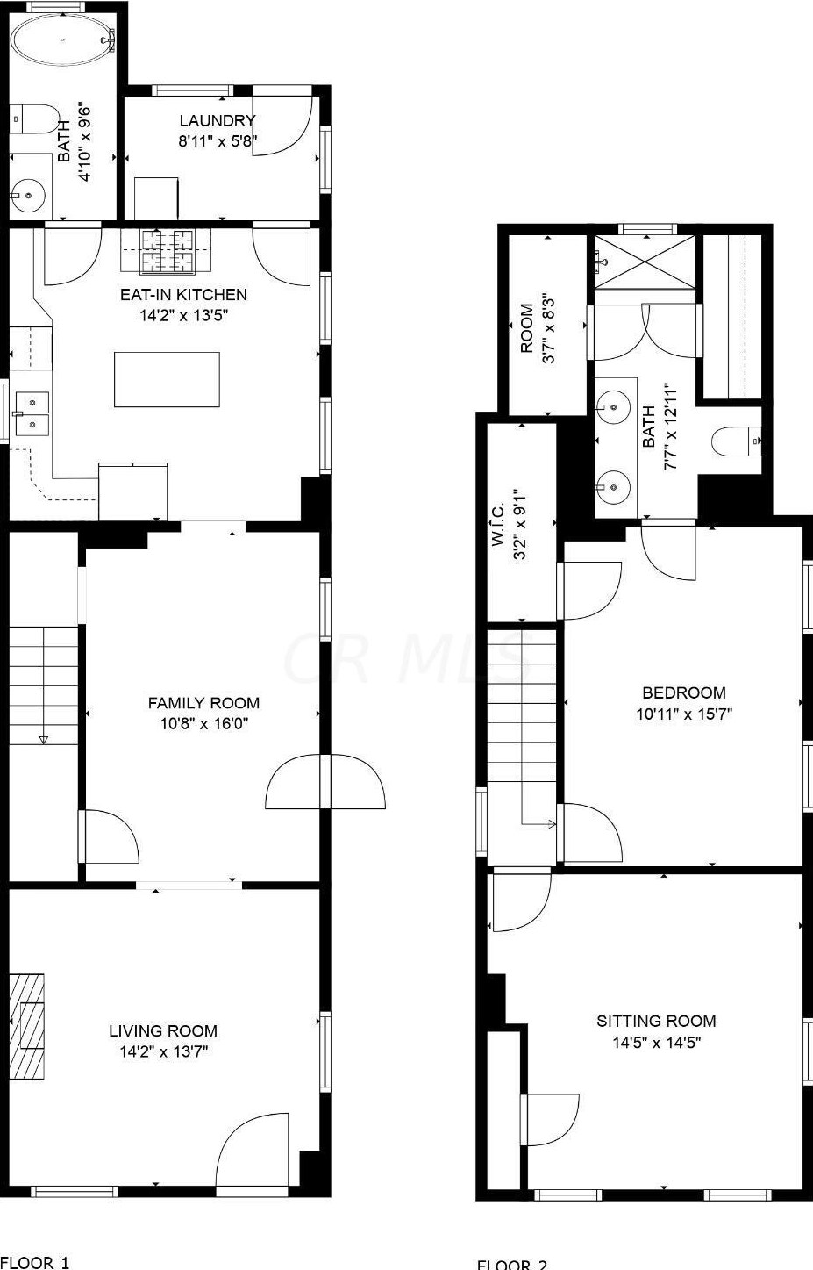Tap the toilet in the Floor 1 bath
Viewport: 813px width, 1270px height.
[36, 119]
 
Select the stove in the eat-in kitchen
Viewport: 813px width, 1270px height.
[168, 251]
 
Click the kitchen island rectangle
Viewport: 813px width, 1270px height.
[167, 379]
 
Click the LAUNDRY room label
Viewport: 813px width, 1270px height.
[217, 121]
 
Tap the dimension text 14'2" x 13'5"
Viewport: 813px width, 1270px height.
[183, 316]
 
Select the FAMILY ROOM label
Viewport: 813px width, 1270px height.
[203, 703]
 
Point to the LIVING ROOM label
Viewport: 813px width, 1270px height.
[163, 1031]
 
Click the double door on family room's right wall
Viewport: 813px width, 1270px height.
[325, 781]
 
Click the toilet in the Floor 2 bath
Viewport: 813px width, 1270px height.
[735, 441]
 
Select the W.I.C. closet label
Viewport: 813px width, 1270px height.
[497, 525]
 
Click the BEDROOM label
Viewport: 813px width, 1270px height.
[684, 692]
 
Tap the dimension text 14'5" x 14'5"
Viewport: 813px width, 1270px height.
[656, 1043]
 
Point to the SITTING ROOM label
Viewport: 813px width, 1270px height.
[656, 1021]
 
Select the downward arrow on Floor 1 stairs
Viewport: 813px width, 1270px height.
[43, 739]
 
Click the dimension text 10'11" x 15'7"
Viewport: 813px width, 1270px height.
[684, 714]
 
